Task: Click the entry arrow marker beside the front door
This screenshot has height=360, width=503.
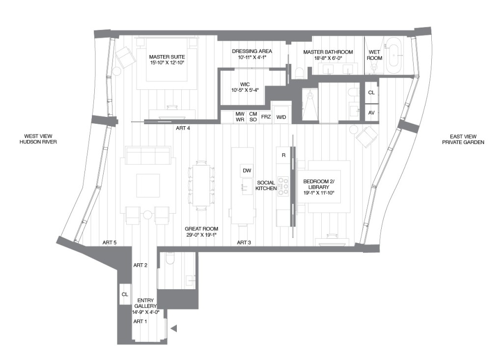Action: tap(174, 328)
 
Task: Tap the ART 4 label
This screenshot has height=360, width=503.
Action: tap(183, 128)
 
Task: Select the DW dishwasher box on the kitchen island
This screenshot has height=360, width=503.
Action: tap(247, 170)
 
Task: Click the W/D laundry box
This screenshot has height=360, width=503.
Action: tap(281, 117)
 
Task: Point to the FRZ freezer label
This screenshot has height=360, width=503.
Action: tap(266, 117)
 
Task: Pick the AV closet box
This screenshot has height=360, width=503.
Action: tap(371, 112)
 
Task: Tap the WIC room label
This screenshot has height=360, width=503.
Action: tap(245, 84)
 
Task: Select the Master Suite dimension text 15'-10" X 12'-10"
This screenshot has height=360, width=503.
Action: tap(167, 63)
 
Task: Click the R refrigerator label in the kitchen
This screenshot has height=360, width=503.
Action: tap(283, 155)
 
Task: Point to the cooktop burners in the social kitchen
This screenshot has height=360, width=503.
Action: tap(283, 186)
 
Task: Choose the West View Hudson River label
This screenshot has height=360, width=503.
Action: tap(38, 139)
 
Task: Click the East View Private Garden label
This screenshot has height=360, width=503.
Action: tap(463, 139)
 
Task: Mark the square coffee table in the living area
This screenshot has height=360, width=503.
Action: tap(148, 186)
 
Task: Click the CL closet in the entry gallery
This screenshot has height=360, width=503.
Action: tap(125, 294)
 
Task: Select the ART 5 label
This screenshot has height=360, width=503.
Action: tap(110, 243)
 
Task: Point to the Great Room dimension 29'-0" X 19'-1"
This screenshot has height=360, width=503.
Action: tap(201, 235)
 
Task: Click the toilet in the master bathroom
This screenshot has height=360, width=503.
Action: tap(298, 73)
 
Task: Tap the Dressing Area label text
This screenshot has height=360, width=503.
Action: tap(252, 51)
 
